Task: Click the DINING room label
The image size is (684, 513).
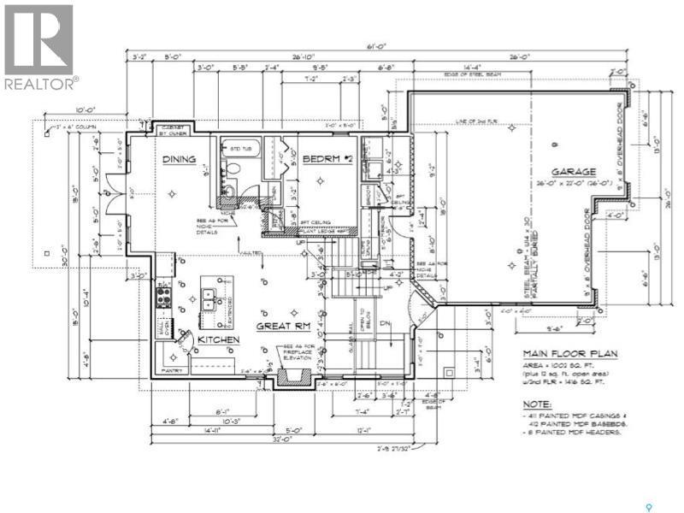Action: point(179,159)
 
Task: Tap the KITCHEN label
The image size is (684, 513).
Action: point(218,340)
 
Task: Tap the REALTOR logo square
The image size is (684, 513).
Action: point(39,38)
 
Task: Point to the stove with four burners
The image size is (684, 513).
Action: point(163,298)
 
